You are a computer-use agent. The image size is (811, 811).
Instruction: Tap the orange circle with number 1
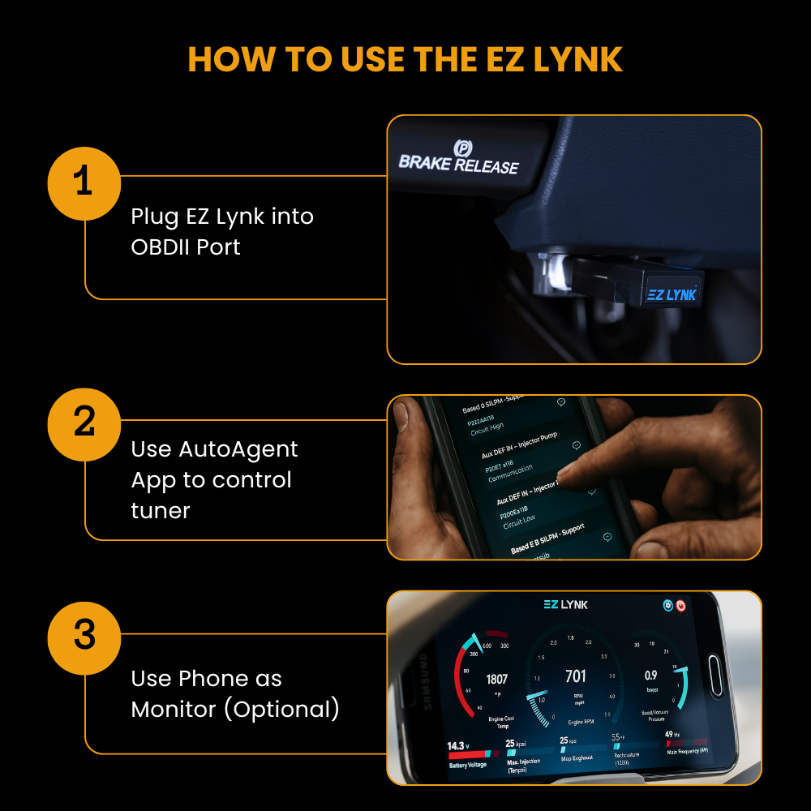(x=84, y=183)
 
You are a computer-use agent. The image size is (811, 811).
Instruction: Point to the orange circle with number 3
(x=84, y=635)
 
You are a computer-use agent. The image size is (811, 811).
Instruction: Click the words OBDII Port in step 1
(x=186, y=247)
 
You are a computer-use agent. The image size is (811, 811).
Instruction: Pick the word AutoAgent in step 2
(x=238, y=449)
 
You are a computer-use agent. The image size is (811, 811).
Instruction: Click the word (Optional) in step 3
(x=281, y=709)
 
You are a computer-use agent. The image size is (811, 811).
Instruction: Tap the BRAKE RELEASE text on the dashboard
(x=458, y=165)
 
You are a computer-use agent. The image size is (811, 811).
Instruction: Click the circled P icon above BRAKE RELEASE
(x=463, y=148)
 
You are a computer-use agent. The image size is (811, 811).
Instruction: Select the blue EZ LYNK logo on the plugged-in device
(x=672, y=294)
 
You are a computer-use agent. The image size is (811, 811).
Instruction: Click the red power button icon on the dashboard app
(x=681, y=606)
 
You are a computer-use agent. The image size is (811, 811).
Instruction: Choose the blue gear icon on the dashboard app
(x=667, y=606)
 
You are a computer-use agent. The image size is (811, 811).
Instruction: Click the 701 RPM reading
(x=575, y=676)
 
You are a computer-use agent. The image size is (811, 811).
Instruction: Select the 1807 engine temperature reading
(x=496, y=679)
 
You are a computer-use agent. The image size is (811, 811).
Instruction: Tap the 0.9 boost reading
(x=650, y=675)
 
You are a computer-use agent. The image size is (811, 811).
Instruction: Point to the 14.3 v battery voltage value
(x=459, y=745)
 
